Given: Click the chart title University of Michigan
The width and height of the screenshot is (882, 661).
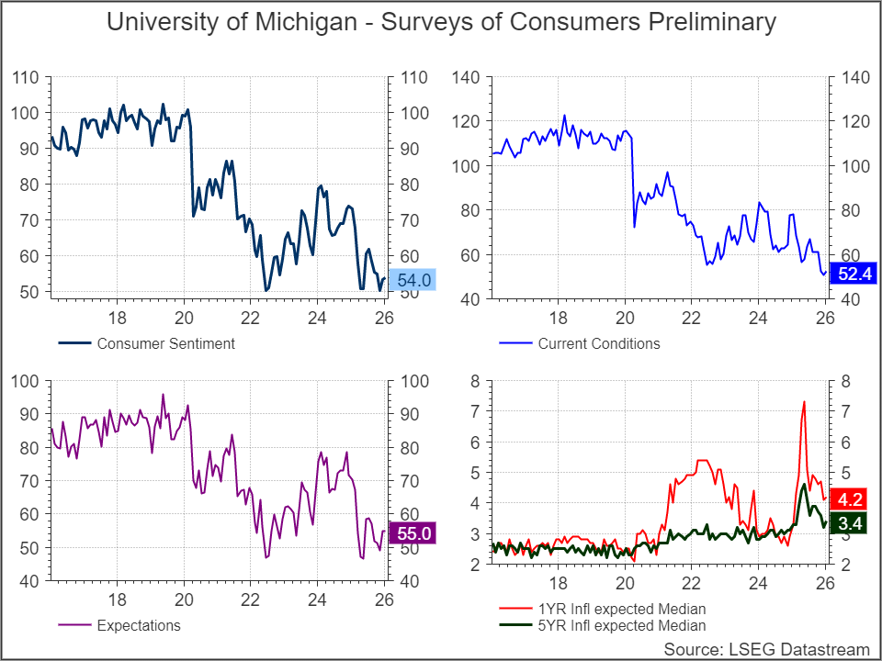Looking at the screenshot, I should click(441, 22).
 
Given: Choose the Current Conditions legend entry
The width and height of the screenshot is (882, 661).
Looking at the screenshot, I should click(598, 344).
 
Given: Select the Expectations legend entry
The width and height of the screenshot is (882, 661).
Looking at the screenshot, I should click(138, 626).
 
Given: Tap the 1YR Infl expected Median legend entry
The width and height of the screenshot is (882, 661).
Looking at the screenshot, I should click(621, 609).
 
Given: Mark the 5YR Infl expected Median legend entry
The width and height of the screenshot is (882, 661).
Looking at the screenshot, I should click(621, 626).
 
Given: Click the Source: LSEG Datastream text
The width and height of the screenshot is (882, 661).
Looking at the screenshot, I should click(765, 648).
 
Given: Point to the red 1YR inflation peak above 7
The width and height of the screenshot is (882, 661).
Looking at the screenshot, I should click(804, 402).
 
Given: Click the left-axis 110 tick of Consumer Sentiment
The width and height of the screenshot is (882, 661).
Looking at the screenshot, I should click(26, 78).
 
